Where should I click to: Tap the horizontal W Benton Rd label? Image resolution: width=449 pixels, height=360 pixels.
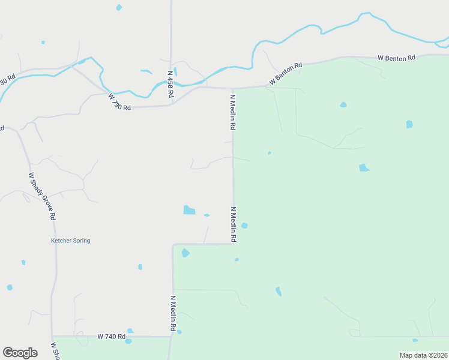click(396, 58)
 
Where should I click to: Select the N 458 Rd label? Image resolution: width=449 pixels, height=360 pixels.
click(170, 81)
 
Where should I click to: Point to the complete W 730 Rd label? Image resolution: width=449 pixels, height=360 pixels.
click(119, 101)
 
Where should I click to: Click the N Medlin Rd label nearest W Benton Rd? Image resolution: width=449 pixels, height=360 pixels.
click(232, 112)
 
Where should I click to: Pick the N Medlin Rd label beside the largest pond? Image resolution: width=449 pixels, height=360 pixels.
click(233, 224)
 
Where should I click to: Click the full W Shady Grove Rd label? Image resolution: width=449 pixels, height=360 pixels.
click(42, 196)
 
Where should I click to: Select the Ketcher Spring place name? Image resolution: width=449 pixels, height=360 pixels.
click(70, 241)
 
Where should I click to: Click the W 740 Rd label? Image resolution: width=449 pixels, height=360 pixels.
click(111, 337)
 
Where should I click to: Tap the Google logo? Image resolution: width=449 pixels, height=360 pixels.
click(20, 353)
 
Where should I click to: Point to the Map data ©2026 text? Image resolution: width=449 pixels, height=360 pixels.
click(423, 355)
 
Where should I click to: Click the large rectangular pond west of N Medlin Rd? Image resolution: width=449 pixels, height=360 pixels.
click(189, 210)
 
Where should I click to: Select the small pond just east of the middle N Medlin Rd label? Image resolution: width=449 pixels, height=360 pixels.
click(244, 226)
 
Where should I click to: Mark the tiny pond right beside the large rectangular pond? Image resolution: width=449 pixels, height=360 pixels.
click(206, 215)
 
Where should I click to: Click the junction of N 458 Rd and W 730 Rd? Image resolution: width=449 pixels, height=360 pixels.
click(172, 104)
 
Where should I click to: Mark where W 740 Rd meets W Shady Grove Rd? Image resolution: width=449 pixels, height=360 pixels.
click(52, 336)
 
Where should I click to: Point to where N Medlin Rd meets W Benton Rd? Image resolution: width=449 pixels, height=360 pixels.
click(232, 88)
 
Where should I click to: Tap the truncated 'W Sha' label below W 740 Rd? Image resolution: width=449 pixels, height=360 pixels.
click(55, 352)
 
